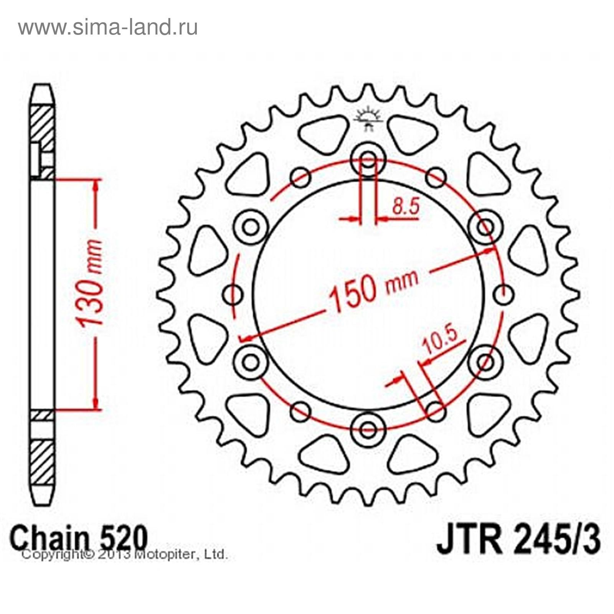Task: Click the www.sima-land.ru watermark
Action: coord(108,28)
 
